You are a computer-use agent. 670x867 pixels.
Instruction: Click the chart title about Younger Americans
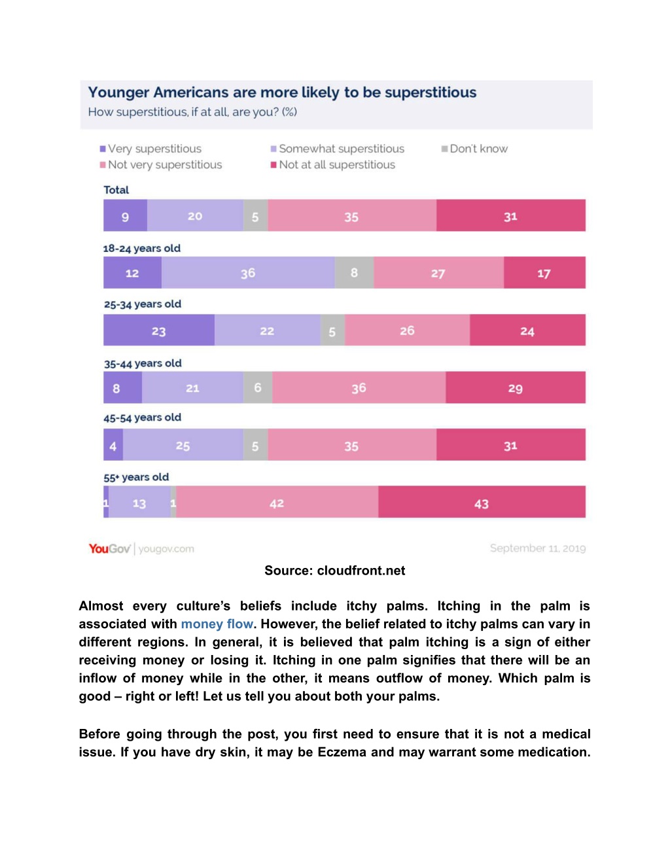pos(282,92)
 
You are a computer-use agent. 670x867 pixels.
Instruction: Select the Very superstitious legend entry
pos(150,149)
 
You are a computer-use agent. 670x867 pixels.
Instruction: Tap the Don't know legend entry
pos(474,149)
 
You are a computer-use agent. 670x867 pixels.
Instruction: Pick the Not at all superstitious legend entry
pos(333,165)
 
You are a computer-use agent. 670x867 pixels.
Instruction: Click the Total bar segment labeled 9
pos(125,215)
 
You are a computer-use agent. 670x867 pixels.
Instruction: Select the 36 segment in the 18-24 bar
pos(248,272)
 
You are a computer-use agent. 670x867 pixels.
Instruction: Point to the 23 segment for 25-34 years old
pos(159,330)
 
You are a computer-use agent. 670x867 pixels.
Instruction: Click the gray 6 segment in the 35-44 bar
pos(258,387)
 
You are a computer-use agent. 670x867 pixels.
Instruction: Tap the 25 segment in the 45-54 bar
pos(183,445)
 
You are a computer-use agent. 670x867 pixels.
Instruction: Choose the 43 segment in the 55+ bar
pos(482,502)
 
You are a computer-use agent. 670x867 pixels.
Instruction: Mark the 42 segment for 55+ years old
pos(277,502)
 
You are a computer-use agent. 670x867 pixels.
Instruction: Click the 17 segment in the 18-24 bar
pos(545,272)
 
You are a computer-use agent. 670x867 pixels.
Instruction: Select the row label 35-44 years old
pos(143,363)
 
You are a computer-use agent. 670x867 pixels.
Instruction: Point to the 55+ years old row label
pos(136,477)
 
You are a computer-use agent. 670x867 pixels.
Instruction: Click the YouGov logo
pos(109,548)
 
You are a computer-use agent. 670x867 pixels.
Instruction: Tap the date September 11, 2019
pos(538,548)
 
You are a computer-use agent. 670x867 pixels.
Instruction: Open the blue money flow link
pos(217,624)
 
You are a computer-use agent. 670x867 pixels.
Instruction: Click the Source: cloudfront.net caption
pos(335,571)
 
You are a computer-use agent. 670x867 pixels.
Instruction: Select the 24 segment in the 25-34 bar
pos(527,330)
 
